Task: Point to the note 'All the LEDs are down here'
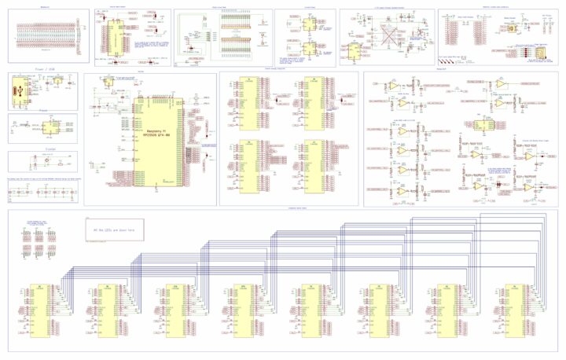pos(115,230)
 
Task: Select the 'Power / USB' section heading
pos(42,68)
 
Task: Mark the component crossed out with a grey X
pos(387,37)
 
